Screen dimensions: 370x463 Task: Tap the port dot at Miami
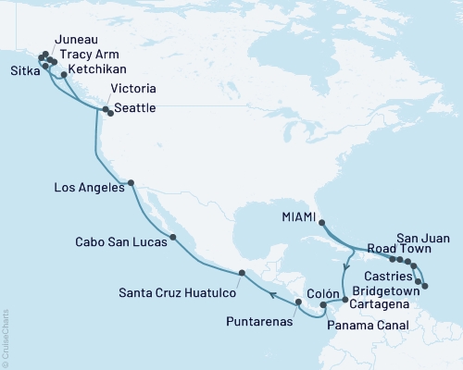(x=321, y=222)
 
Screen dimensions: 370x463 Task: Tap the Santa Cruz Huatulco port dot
(x=243, y=272)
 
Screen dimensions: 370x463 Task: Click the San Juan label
(x=422, y=236)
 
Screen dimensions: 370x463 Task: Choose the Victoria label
(x=127, y=89)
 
